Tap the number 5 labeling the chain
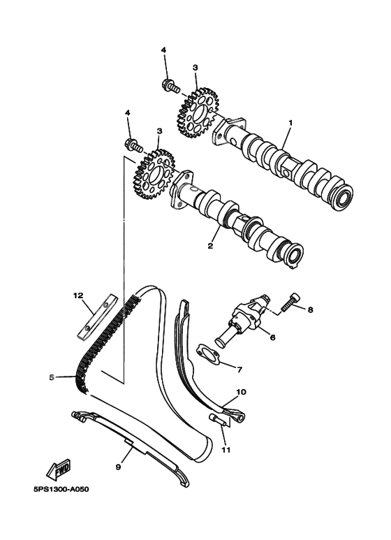[x=51, y=378]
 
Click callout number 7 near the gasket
[x=239, y=369]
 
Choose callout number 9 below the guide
[x=119, y=467]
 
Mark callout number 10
[x=241, y=392]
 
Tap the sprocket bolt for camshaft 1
[x=170, y=87]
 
